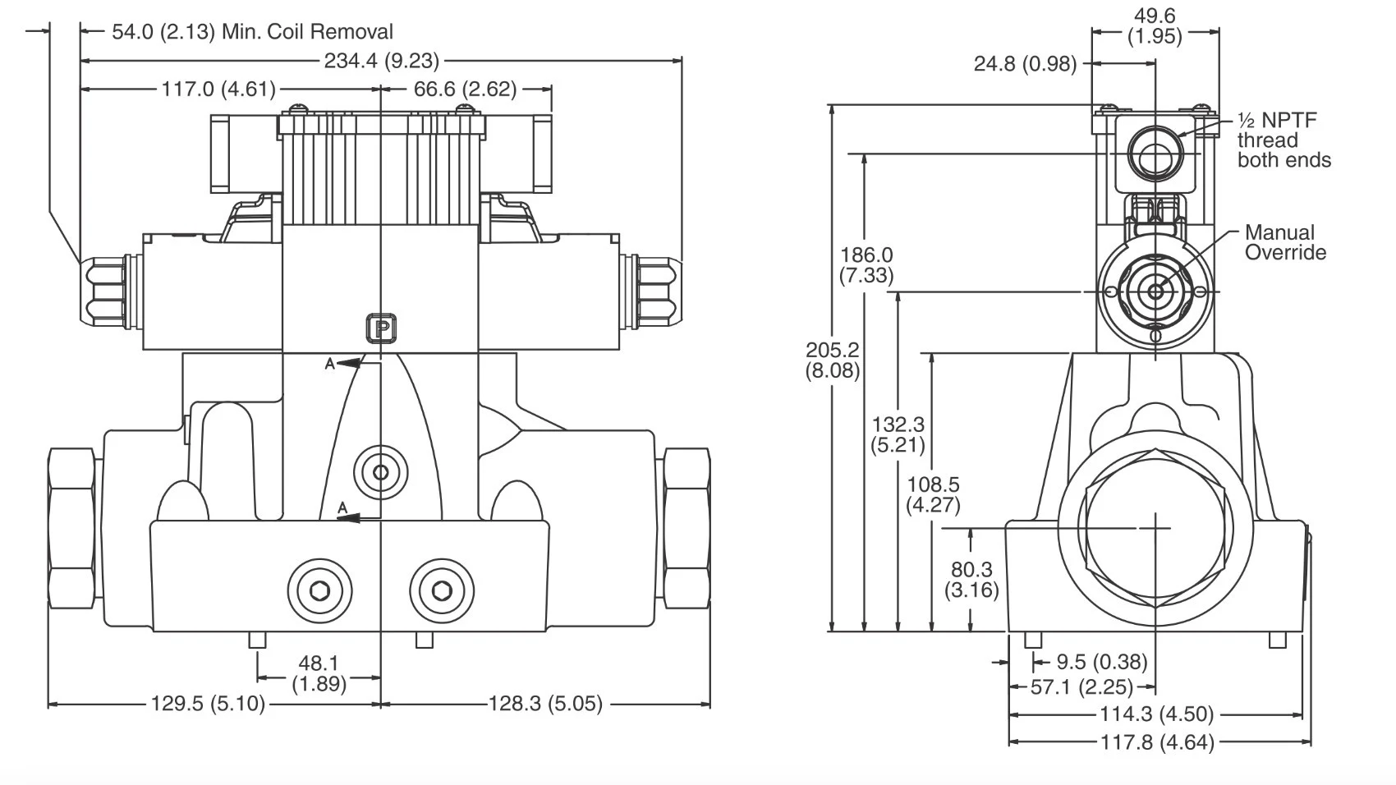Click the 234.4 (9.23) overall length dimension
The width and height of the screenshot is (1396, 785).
381,61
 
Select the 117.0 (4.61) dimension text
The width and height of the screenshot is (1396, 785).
218,89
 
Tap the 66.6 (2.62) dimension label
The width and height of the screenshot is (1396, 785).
465,89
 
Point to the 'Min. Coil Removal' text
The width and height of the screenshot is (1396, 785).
307,32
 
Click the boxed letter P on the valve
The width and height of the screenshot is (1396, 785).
381,329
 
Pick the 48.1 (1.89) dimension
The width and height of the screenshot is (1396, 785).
319,673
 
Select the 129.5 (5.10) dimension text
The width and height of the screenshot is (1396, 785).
208,704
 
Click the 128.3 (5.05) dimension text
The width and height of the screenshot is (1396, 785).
545,704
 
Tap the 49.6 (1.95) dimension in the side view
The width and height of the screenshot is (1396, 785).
1155,25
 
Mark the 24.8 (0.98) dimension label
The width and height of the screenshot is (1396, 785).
1025,64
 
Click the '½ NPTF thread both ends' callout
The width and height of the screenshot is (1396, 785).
1283,140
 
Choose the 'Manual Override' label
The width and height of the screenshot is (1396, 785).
1285,242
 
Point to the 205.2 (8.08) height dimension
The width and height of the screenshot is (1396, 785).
833,360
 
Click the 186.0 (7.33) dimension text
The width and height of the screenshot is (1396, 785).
866,265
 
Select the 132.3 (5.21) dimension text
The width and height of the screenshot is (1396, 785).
898,434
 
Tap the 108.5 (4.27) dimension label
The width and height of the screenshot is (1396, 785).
933,494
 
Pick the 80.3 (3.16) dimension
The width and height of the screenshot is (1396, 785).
971,579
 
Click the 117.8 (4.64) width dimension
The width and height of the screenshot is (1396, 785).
1156,742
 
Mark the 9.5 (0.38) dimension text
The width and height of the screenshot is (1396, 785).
1101,662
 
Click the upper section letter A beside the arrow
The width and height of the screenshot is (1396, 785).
330,364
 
